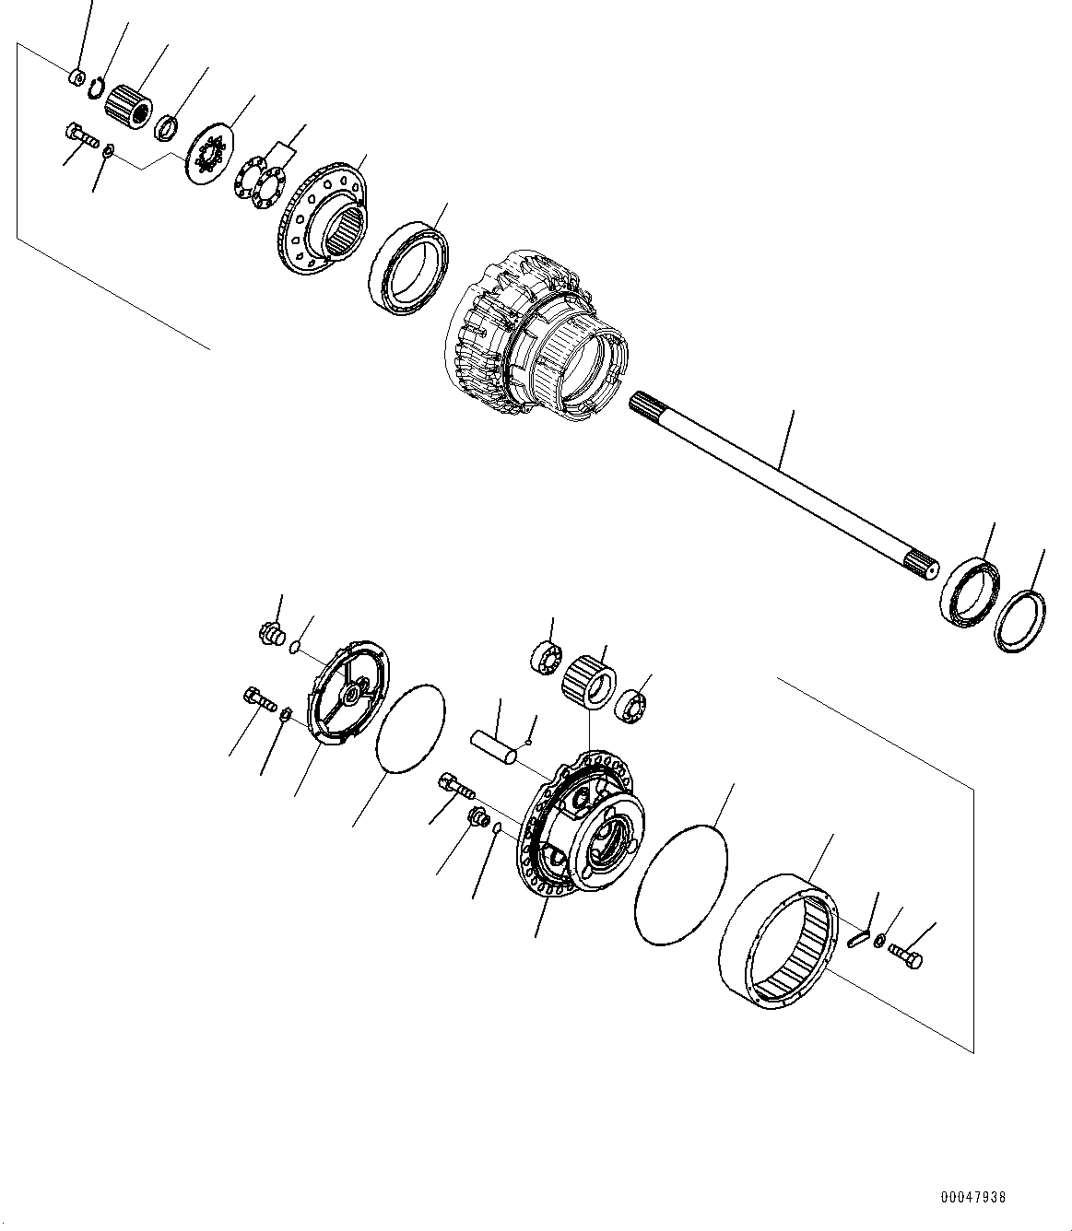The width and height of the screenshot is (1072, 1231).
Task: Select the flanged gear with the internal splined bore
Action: coord(323,217)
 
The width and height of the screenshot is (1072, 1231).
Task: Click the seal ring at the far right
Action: coord(1021,625)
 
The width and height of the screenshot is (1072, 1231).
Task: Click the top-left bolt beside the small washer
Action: coord(81,135)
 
